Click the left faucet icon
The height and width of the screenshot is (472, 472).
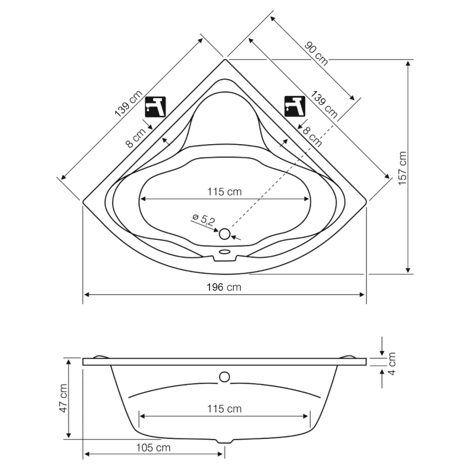click(x=156, y=107)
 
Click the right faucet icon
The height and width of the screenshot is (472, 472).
click(x=295, y=106)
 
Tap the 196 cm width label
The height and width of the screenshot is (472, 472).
click(x=224, y=287)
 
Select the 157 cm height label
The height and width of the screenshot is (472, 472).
click(x=402, y=168)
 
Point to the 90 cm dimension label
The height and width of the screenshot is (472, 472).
click(x=316, y=53)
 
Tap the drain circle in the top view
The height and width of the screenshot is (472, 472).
click(x=224, y=234)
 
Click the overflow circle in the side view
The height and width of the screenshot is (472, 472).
click(x=224, y=377)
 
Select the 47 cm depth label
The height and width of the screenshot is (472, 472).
click(x=63, y=398)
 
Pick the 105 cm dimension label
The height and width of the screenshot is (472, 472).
click(x=153, y=448)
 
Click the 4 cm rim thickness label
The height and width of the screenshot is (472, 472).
click(x=392, y=363)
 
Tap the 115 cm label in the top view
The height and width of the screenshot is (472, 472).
click(x=224, y=192)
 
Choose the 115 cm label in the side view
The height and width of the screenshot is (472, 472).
click(x=224, y=409)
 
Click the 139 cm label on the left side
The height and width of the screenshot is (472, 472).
click(x=128, y=103)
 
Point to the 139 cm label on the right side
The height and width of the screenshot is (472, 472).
click(x=324, y=104)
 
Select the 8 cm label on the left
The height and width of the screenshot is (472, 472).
click(x=136, y=137)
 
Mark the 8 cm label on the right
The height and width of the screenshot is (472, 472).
click(x=312, y=137)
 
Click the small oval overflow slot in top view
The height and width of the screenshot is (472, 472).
click(x=224, y=251)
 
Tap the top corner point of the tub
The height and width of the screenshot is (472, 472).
click(x=225, y=60)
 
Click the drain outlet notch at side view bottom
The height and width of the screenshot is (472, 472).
click(x=224, y=441)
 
